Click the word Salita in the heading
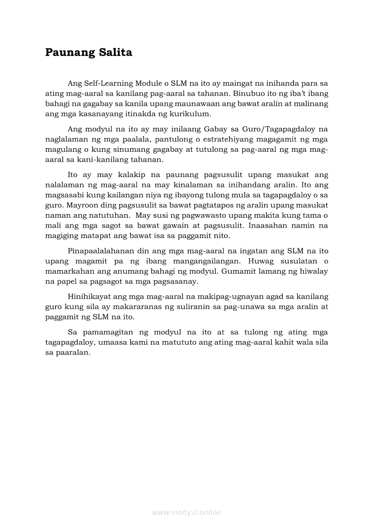[x=113, y=52]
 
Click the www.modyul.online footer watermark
[x=186, y=512]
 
